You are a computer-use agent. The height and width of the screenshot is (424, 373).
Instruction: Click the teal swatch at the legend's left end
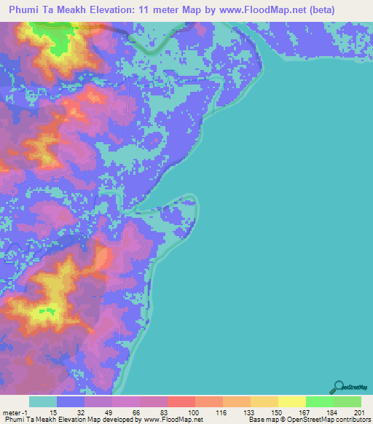point(43,401)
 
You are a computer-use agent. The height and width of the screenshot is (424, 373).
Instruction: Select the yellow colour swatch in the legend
point(291,401)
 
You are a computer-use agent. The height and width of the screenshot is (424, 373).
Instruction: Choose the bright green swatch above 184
point(319,401)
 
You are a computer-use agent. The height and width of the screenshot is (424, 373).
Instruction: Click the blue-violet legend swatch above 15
point(71,401)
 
